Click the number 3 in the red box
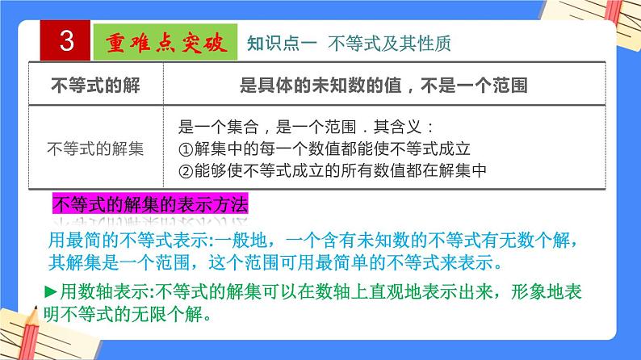[x=66, y=42]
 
